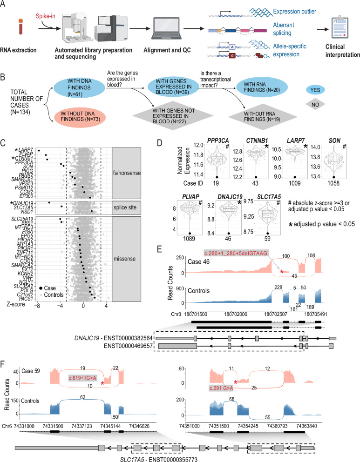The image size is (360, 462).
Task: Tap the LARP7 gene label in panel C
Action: pos(28,149)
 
